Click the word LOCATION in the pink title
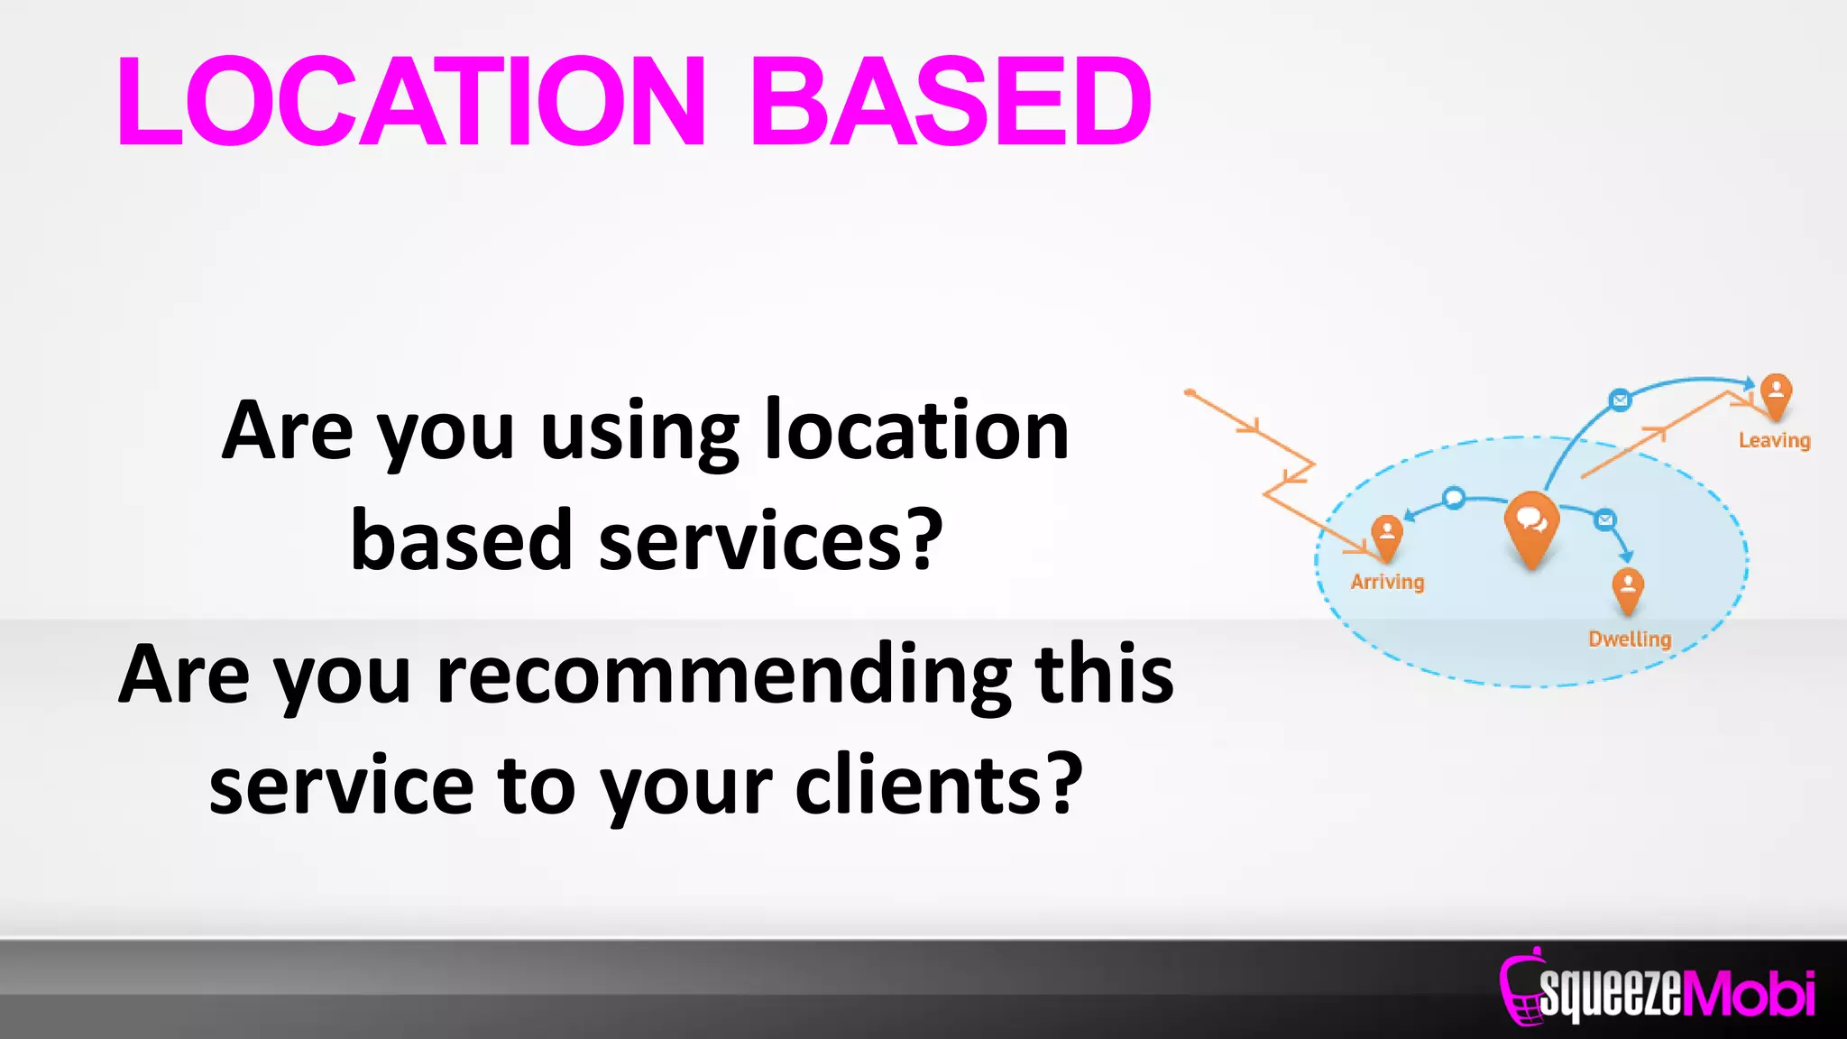(410, 101)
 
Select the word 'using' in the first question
(639, 433)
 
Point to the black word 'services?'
(771, 541)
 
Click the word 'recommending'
(723, 676)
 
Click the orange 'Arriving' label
(1387, 582)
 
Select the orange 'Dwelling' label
(1630, 639)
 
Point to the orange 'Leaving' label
(1774, 440)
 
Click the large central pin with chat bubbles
(1531, 526)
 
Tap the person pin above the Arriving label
(1387, 535)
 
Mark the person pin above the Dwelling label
(1628, 588)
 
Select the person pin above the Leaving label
(1776, 395)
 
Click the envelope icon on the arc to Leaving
(1620, 400)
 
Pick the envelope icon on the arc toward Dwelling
(1604, 519)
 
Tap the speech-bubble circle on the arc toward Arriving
(1454, 498)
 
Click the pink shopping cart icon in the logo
(1521, 990)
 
